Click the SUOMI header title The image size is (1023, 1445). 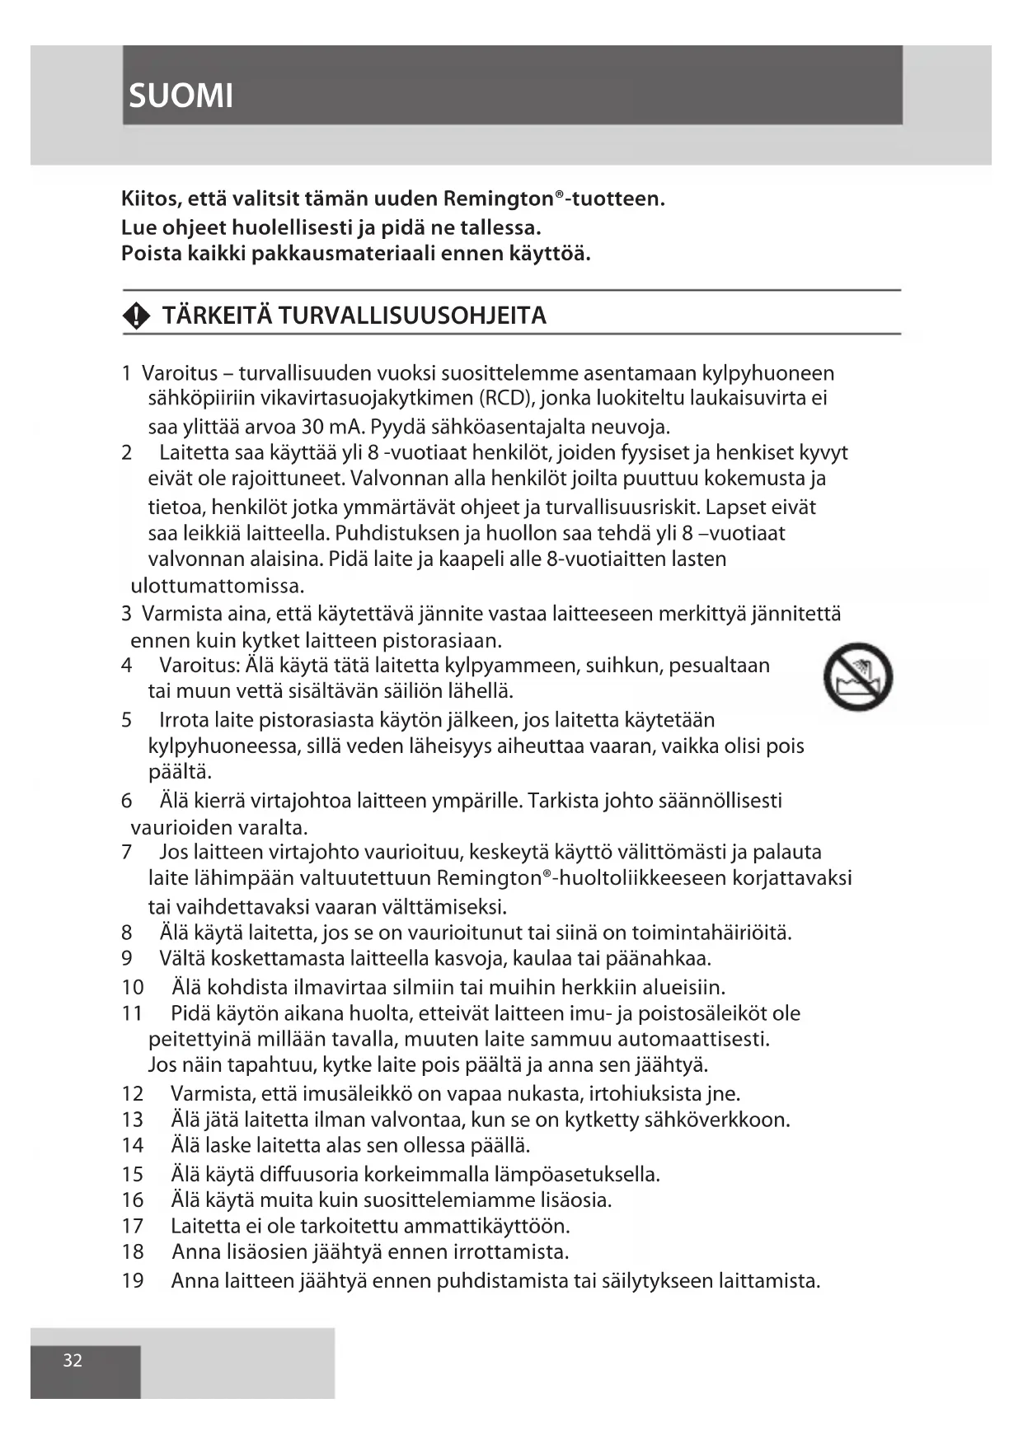(181, 96)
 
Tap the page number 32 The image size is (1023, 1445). (73, 1360)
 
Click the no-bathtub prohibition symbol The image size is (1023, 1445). (857, 677)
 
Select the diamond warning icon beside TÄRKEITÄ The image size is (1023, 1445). (136, 316)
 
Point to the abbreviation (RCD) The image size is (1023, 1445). (504, 399)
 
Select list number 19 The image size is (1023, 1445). (132, 1281)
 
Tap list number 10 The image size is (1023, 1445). (132, 987)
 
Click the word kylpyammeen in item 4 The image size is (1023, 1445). (509, 666)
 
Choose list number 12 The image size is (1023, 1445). (132, 1094)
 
